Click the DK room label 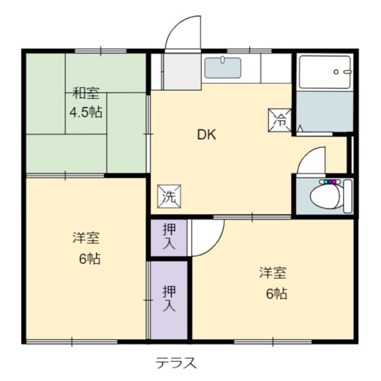click(x=206, y=135)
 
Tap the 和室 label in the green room click(x=86, y=93)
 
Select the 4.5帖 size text click(x=86, y=112)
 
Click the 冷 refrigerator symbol click(x=280, y=120)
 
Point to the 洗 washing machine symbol click(x=169, y=196)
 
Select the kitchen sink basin click(x=223, y=68)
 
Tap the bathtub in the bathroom click(x=324, y=72)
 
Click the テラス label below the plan click(x=176, y=363)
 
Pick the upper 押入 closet click(x=169, y=237)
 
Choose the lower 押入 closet click(x=169, y=300)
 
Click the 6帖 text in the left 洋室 click(x=90, y=259)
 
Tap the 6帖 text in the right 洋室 click(x=276, y=293)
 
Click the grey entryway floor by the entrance click(x=182, y=71)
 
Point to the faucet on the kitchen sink click(x=222, y=60)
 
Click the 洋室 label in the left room click(x=86, y=238)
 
